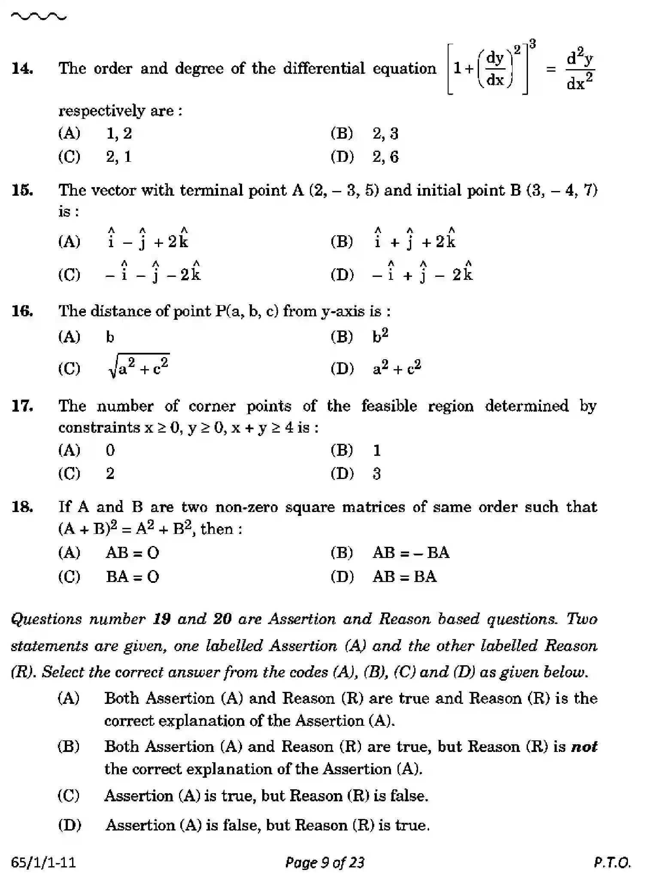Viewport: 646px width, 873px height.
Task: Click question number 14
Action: click(x=22, y=69)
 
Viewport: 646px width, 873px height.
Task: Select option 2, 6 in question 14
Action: click(x=385, y=157)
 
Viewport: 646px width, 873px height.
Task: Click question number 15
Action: click(x=22, y=190)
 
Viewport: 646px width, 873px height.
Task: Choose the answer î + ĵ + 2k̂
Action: click(x=414, y=240)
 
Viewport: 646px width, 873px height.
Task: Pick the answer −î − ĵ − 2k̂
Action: click(x=153, y=273)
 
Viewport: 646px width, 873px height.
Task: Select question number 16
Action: click(x=22, y=311)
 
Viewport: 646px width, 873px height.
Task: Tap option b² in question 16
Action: click(x=380, y=336)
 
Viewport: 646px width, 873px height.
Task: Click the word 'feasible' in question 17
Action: click(x=389, y=406)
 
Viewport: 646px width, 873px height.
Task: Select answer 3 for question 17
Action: click(x=376, y=474)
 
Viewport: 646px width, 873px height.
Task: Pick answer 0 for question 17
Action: click(x=110, y=450)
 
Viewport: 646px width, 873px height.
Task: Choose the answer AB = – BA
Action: click(x=411, y=553)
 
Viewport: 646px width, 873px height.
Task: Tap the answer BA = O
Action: click(x=132, y=576)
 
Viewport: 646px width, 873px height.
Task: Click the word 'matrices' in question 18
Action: click(x=373, y=507)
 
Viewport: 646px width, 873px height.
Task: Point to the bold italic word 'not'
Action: click(x=584, y=746)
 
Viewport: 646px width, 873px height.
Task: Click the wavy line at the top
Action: click(x=39, y=17)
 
